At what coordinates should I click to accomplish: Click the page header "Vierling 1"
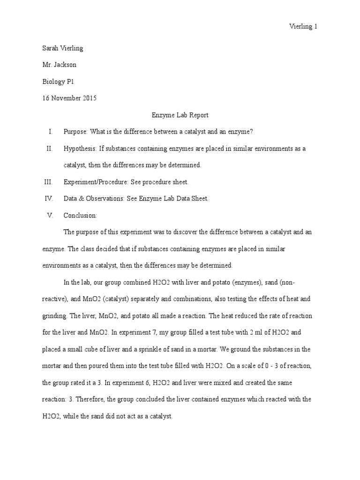coord(303,27)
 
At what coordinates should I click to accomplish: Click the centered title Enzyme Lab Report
coord(180,115)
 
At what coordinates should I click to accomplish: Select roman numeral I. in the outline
coord(51,132)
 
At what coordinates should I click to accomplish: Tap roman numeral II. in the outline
coord(49,149)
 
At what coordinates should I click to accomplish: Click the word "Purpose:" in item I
coord(75,132)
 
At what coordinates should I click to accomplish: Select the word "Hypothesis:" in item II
coord(80,149)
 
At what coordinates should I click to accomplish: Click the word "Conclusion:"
coord(80,215)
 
